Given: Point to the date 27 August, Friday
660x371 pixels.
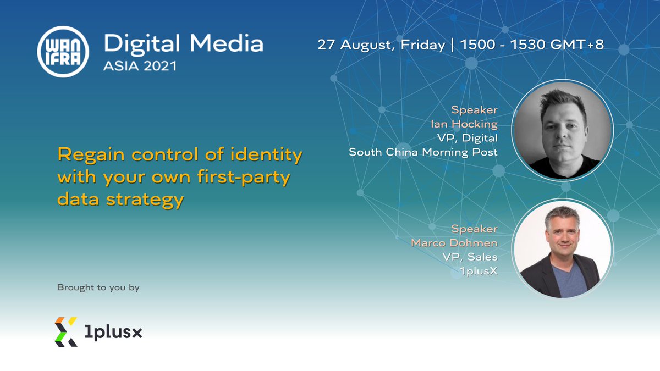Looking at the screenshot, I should [x=381, y=45].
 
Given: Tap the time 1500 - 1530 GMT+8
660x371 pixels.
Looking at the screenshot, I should [x=531, y=45].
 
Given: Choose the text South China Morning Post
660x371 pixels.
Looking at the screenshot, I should [x=423, y=152].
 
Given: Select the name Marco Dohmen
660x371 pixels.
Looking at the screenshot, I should [x=454, y=242].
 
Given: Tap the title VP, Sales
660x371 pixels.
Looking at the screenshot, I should [x=470, y=257].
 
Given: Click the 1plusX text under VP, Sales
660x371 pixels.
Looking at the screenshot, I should [x=479, y=270].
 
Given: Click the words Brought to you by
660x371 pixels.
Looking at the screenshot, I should [x=98, y=287].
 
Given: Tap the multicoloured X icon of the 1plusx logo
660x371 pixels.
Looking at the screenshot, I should [x=65, y=331].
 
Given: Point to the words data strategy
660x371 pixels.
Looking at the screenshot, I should [x=120, y=200].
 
